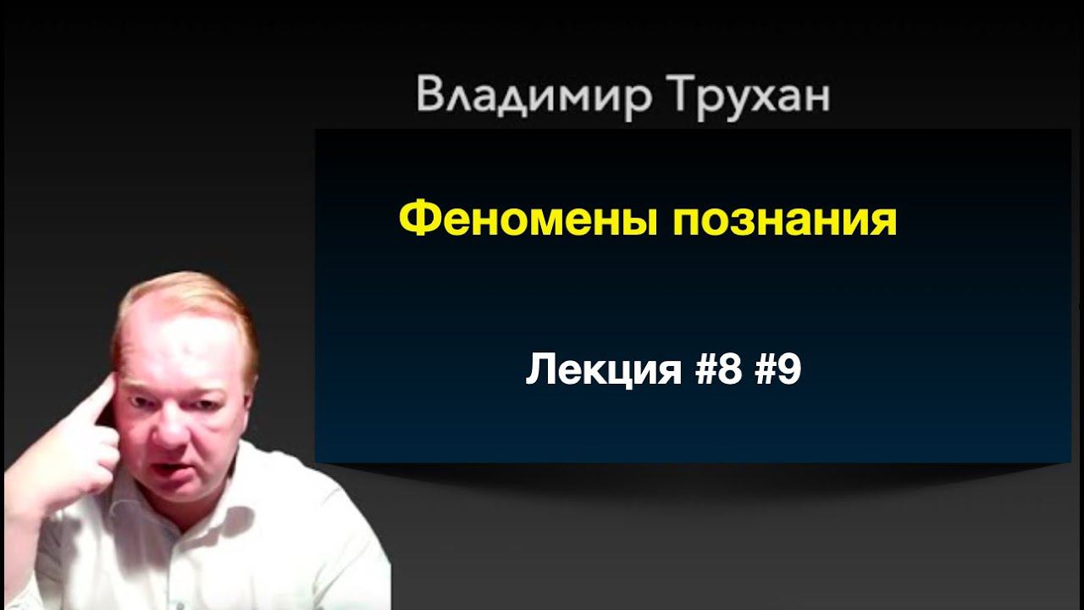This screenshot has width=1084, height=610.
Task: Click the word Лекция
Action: (x=603, y=370)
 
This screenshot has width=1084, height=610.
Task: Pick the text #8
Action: (x=722, y=370)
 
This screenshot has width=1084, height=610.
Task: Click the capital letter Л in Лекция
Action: (x=540, y=370)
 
